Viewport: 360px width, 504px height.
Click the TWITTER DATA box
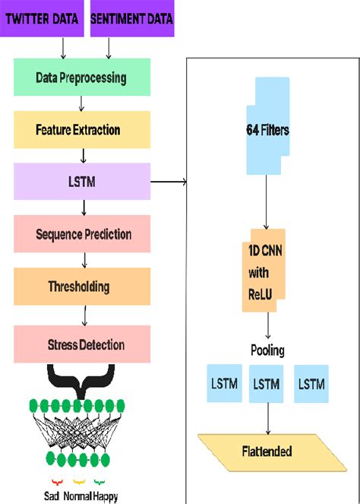pos(43,19)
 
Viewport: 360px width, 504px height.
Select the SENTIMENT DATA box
pos(132,19)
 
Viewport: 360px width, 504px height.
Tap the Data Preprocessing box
pos(81,78)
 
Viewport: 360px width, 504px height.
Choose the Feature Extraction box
pos(81,129)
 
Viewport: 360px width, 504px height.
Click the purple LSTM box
pos(81,182)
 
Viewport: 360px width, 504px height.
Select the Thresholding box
pos(81,287)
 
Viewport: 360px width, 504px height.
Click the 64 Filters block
pos(267,130)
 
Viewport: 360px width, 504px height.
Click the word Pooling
pos(268,350)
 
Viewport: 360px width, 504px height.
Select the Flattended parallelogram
pos(267,451)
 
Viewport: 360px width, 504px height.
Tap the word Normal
pos(82,495)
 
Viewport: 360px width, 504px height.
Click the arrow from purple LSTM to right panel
pos(169,182)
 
